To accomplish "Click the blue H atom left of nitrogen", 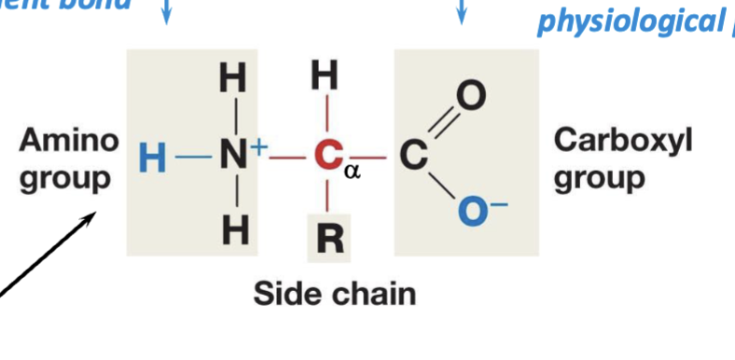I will tap(150, 159).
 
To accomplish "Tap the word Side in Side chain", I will tap(286, 295).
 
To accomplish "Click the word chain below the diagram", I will tap(370, 295).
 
